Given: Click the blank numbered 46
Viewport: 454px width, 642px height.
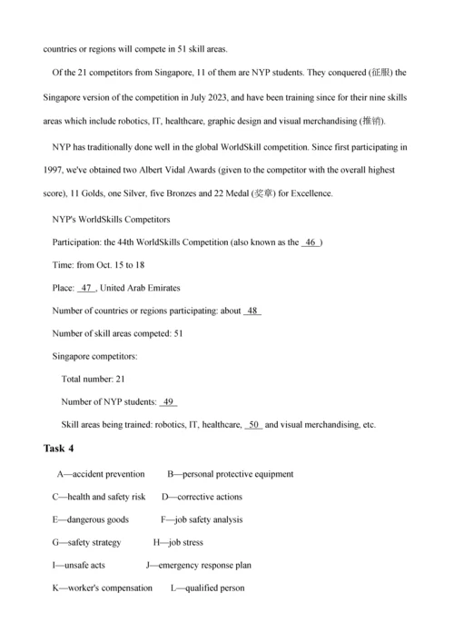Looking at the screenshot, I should pyautogui.click(x=311, y=242).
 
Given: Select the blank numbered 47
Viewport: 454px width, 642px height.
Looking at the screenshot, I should pyautogui.click(x=86, y=288).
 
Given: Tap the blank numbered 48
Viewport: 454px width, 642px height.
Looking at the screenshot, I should pyautogui.click(x=252, y=311).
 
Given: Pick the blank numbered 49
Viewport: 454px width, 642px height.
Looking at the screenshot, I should pyautogui.click(x=168, y=402).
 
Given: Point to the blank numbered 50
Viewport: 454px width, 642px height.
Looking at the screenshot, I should pyautogui.click(x=254, y=425).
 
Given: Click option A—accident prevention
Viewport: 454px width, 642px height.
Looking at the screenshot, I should pyautogui.click(x=101, y=474).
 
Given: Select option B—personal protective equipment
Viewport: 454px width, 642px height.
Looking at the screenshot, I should pyautogui.click(x=230, y=474).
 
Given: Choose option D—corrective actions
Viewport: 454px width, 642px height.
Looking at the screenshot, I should pyautogui.click(x=202, y=497).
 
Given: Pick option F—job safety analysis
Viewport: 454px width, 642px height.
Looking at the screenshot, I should pyautogui.click(x=202, y=519).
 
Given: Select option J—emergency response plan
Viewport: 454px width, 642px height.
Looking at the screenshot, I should pyautogui.click(x=198, y=565).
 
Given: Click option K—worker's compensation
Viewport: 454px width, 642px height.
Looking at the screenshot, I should pyautogui.click(x=103, y=588).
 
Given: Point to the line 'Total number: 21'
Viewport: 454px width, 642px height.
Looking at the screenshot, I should pyautogui.click(x=93, y=380).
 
